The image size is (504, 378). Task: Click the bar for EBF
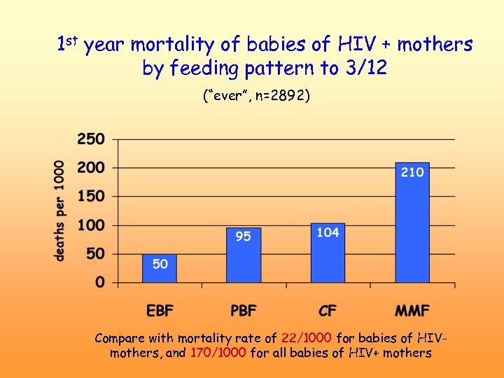pyautogui.click(x=160, y=269)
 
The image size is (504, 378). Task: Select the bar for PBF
pyautogui.click(x=244, y=255)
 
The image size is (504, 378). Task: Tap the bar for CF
pyautogui.click(x=328, y=253)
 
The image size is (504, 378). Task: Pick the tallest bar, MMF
pyautogui.click(x=412, y=223)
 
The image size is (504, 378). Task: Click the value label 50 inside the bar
pyautogui.click(x=160, y=264)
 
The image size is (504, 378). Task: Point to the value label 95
pyautogui.click(x=243, y=237)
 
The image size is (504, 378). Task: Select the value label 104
pyautogui.click(x=328, y=232)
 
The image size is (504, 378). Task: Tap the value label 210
pyautogui.click(x=412, y=171)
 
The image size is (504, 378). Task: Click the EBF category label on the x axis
pyautogui.click(x=161, y=310)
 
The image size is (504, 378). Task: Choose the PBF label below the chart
pyautogui.click(x=244, y=310)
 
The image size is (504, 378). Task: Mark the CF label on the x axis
pyautogui.click(x=328, y=310)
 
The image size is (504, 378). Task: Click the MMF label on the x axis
pyautogui.click(x=412, y=310)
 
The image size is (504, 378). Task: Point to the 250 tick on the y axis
pyautogui.click(x=91, y=139)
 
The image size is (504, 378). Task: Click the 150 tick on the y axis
pyautogui.click(x=91, y=197)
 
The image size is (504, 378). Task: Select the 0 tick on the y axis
pyautogui.click(x=100, y=283)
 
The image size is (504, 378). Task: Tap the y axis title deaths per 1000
pyautogui.click(x=59, y=211)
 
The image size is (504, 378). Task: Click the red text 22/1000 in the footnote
pyautogui.click(x=306, y=338)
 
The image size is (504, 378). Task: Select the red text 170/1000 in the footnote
pyautogui.click(x=218, y=353)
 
